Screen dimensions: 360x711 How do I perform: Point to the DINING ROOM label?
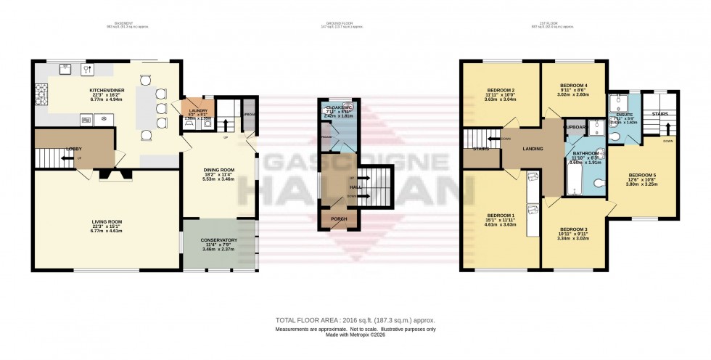[220, 169]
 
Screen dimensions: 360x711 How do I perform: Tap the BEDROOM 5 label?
[642, 175]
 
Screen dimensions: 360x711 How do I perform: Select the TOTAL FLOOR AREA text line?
[355, 319]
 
